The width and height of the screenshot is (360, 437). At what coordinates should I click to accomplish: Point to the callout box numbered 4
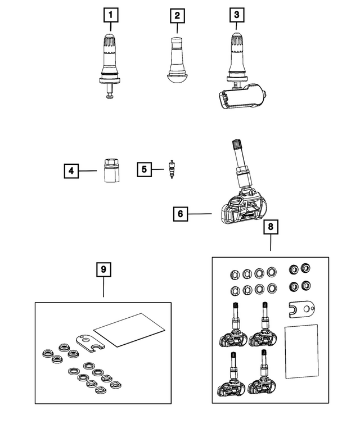point(71,169)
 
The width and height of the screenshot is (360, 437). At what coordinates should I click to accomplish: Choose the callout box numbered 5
point(145,168)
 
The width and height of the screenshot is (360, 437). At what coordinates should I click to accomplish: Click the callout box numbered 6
point(181,214)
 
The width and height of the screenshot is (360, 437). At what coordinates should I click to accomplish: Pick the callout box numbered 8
point(271,228)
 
